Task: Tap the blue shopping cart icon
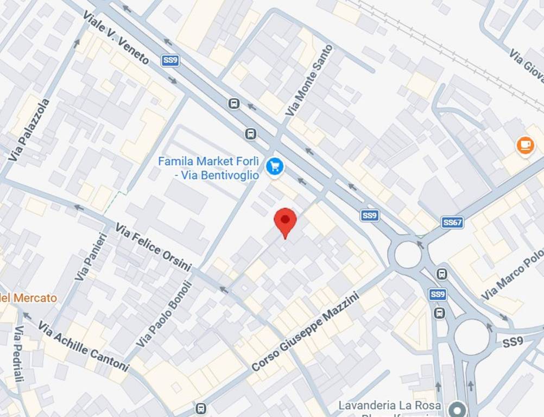[x=275, y=166]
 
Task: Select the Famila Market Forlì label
[x=208, y=168]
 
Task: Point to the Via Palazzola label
[x=29, y=130]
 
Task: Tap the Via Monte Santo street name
[x=309, y=80]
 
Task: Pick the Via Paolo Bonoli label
[x=165, y=314]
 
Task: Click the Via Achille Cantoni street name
[x=83, y=346]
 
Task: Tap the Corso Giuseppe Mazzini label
[x=306, y=332]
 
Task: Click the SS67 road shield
[x=452, y=223]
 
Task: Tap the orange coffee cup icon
[x=525, y=145]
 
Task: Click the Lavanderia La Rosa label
[x=389, y=406]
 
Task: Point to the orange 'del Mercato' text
[x=28, y=298]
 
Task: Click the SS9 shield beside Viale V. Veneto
[x=170, y=60]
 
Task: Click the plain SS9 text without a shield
[x=513, y=343]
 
